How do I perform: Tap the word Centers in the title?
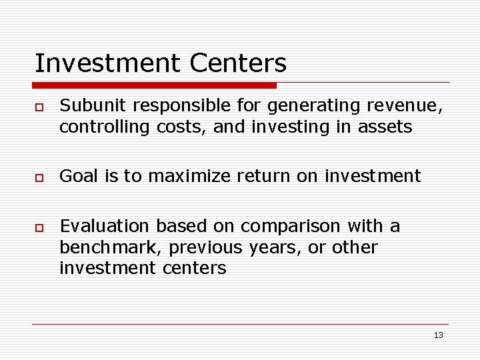(x=238, y=63)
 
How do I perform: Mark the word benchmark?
(x=111, y=247)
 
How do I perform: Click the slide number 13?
(x=438, y=335)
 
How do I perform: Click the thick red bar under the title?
(x=155, y=85)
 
